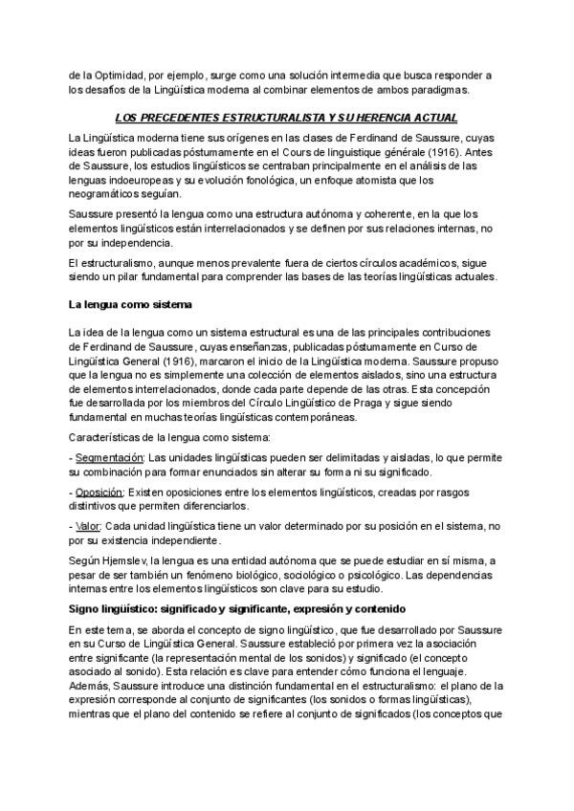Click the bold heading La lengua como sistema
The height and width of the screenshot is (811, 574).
click(x=131, y=305)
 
